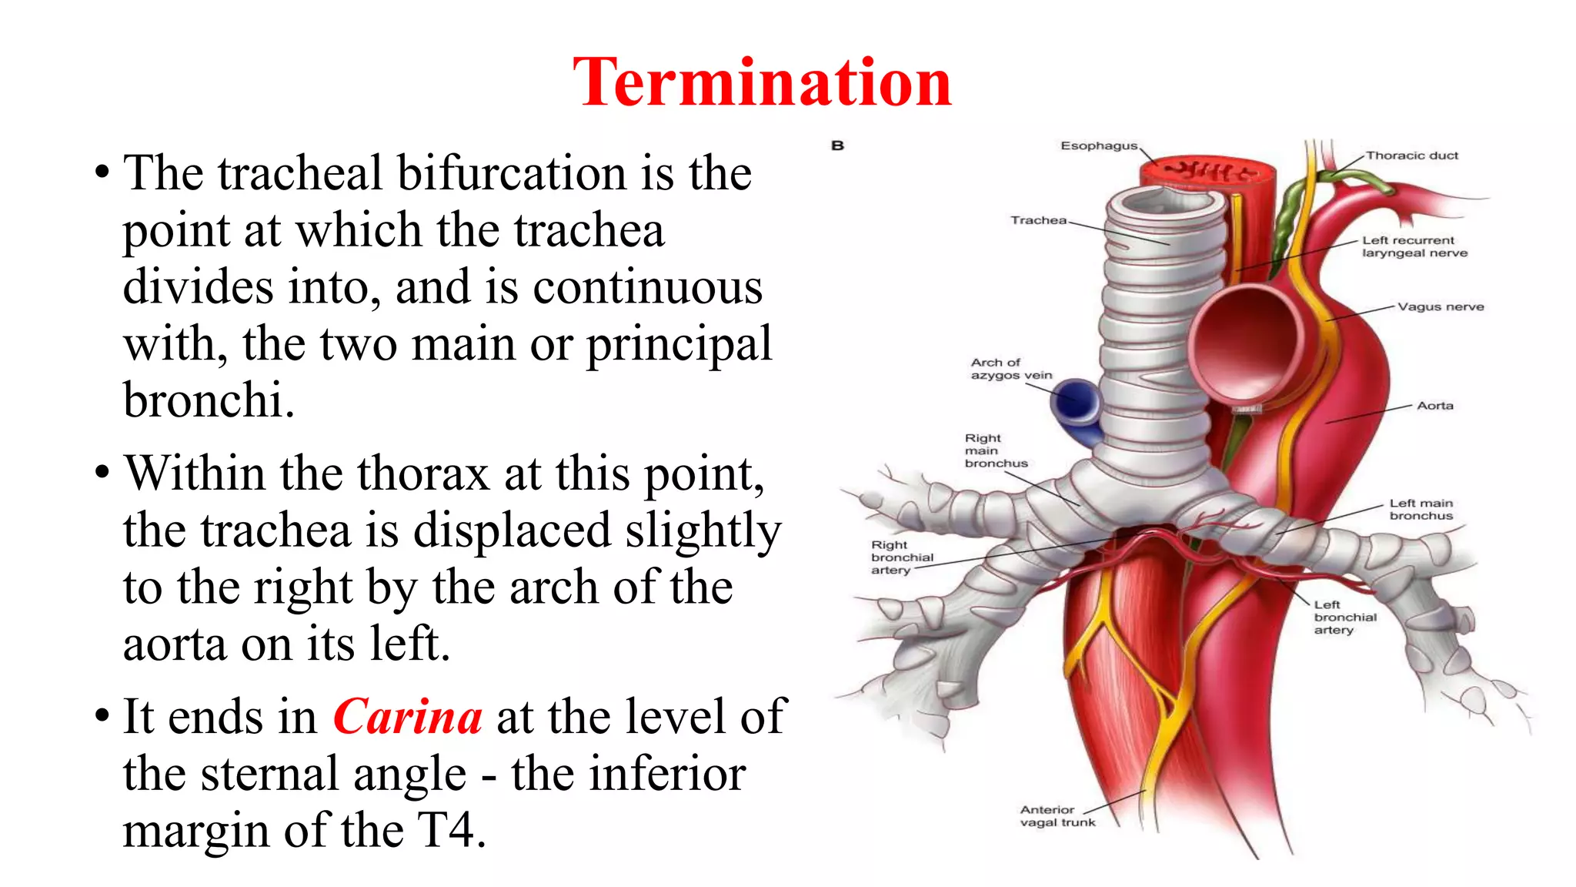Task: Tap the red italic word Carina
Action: tap(408, 716)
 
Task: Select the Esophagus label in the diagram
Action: tap(1098, 146)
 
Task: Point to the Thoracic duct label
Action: tap(1411, 156)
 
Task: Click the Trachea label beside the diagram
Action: tap(1038, 220)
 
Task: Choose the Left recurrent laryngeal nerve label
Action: tap(1414, 246)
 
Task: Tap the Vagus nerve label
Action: tap(1441, 306)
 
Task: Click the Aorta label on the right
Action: tap(1435, 406)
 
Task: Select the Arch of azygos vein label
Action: tap(1010, 369)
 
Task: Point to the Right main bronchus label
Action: tap(996, 450)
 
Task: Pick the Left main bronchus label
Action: tap(1421, 509)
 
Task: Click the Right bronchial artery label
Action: tap(902, 557)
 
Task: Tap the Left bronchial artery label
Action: tap(1344, 618)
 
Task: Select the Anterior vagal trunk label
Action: tap(1057, 816)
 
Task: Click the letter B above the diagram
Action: tap(838, 146)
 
